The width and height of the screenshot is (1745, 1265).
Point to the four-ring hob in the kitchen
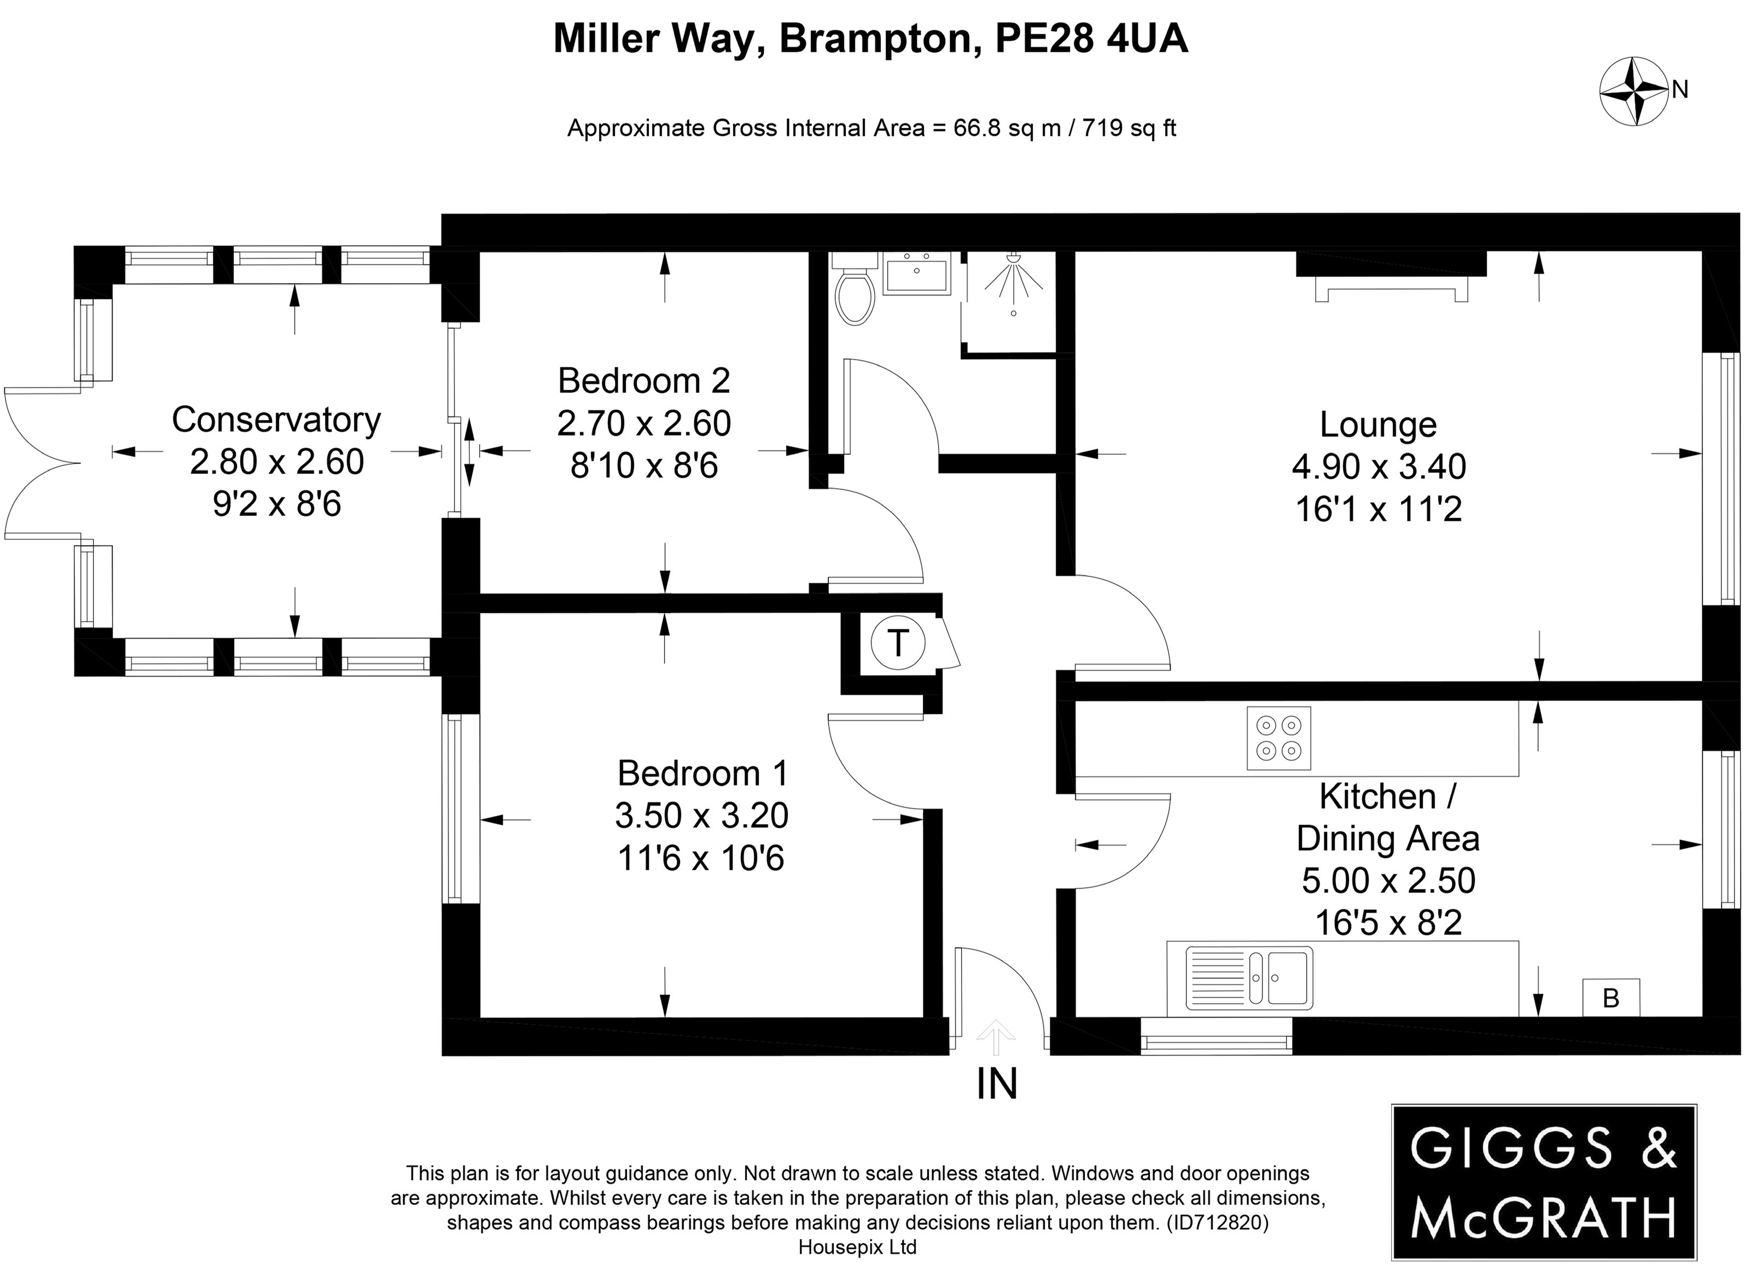[1279, 738]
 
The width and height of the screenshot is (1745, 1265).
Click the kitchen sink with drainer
[1249, 978]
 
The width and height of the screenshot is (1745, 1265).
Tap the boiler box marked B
[1610, 998]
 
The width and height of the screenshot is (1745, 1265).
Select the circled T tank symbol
[898, 643]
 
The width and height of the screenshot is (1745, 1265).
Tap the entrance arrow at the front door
[996, 1036]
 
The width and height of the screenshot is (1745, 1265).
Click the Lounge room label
[1378, 425]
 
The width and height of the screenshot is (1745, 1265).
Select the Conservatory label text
[276, 420]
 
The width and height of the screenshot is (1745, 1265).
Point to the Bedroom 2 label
[644, 381]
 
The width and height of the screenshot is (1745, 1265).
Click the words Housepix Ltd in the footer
[857, 1246]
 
